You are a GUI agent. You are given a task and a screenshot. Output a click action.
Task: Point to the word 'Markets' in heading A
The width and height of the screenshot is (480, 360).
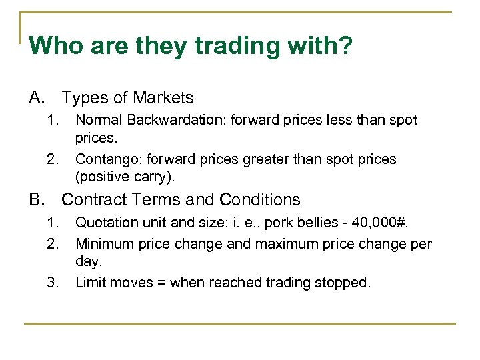(x=163, y=98)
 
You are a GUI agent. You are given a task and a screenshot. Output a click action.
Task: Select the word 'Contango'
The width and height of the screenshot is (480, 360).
(x=103, y=159)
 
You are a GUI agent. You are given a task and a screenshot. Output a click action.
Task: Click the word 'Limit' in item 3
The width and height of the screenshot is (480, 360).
(x=89, y=282)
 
